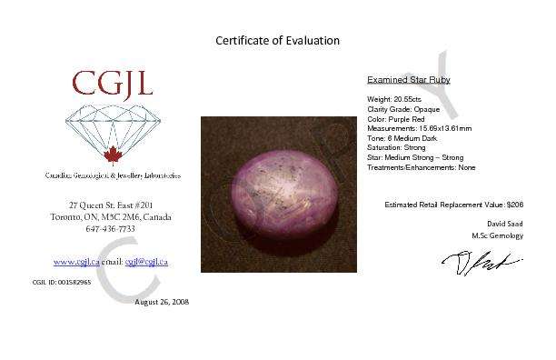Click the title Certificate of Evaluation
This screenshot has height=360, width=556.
[277, 40]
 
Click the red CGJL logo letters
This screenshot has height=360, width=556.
[114, 86]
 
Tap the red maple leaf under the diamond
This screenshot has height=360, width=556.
[114, 154]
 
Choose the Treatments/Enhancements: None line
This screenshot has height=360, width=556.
[421, 167]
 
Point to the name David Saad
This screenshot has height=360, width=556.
[504, 223]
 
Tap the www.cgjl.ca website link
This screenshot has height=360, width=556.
[75, 262]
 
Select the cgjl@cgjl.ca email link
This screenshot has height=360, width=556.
[147, 262]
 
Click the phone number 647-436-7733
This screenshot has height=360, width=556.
[114, 230]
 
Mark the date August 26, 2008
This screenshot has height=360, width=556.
[162, 301]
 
